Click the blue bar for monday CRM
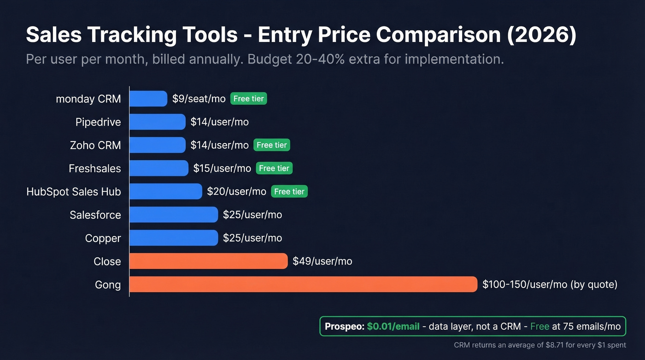[x=148, y=99]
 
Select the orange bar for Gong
[x=303, y=284]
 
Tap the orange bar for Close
[x=208, y=261]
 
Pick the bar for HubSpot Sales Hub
[x=165, y=191]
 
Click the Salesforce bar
[x=173, y=215]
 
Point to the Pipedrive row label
[x=98, y=122]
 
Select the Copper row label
[x=103, y=238]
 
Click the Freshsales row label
[x=94, y=169]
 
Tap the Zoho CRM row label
[x=95, y=145]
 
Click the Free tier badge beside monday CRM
[x=248, y=99]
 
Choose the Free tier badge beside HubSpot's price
[x=289, y=191]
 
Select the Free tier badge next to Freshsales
[x=274, y=168]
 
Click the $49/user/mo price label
[x=322, y=261]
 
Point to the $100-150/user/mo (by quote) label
[x=550, y=284]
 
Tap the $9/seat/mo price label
[x=199, y=99]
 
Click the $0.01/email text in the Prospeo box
[x=393, y=326]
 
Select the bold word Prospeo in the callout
[x=344, y=326]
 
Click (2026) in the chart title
[x=541, y=35]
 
